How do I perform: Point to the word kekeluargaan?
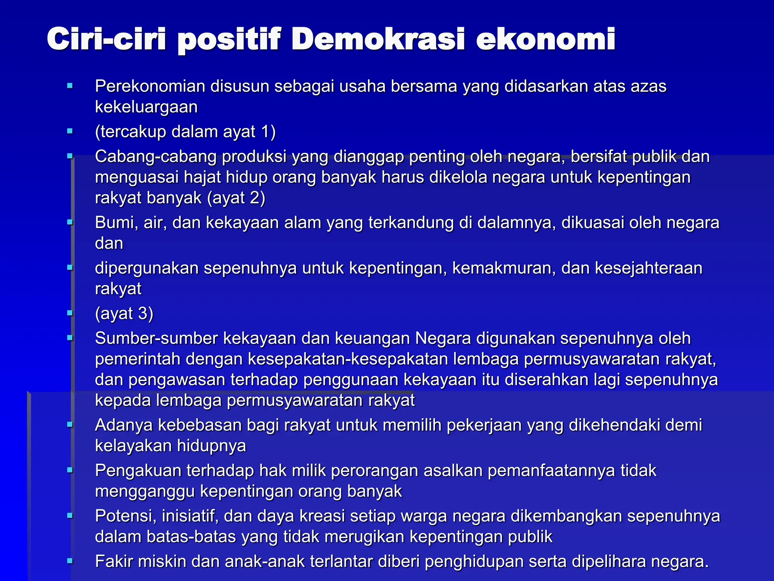(146, 107)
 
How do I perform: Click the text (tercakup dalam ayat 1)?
(185, 132)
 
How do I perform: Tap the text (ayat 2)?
(236, 198)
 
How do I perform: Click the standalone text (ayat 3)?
(124, 314)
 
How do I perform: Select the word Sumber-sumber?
(156, 339)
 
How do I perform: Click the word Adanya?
(124, 425)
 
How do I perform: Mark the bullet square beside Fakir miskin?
(70, 561)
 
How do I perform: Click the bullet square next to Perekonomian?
(70, 86)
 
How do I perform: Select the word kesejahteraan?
(649, 268)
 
